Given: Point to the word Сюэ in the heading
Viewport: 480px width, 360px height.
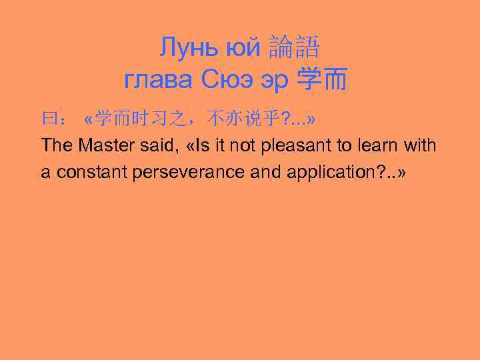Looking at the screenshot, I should [227, 80].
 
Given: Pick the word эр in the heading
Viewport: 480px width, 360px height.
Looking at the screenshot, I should [275, 81].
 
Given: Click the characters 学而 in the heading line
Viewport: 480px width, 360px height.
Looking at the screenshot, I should [323, 80].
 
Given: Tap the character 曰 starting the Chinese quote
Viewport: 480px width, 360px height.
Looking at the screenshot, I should [49, 119].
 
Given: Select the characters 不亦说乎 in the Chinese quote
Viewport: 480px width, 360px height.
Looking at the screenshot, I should [244, 119].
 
